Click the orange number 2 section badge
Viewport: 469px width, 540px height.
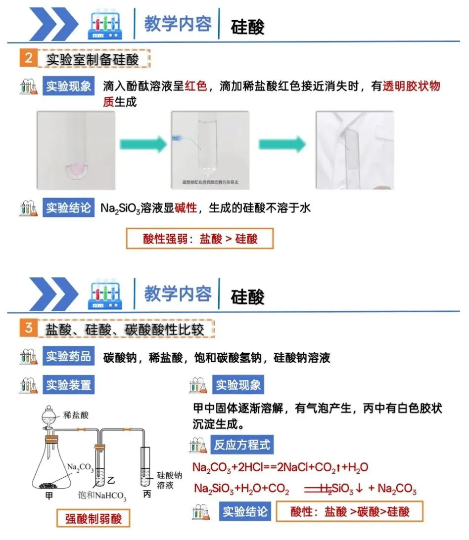pos(28,58)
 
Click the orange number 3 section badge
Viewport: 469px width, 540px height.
pos(28,328)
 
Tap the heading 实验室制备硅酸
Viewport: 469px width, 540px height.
pos(93,59)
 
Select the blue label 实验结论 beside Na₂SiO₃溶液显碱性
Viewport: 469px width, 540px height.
pos(69,208)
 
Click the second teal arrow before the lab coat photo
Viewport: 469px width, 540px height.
pos(281,145)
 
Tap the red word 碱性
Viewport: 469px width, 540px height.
pos(186,208)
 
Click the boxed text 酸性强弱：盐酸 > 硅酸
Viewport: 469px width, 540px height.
pos(200,239)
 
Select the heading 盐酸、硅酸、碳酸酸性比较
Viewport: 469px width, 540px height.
pos(125,329)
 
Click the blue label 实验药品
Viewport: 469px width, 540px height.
pos(69,357)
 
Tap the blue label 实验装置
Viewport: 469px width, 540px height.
pos(69,385)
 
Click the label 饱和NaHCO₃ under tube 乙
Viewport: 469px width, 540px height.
pos(102,496)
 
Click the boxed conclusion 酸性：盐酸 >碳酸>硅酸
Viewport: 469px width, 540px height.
pos(350,511)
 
